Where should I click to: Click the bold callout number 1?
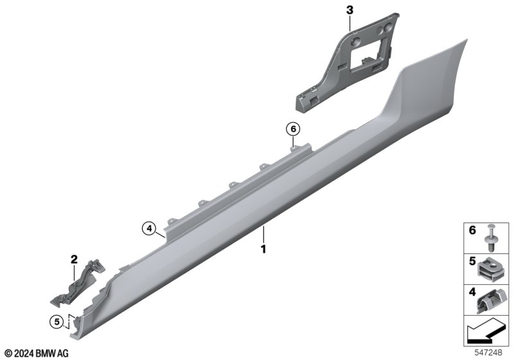point(263,249)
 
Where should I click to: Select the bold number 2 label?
point(74,260)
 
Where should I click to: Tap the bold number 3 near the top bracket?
point(350,10)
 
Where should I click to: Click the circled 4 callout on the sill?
point(149,228)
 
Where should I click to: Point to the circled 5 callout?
point(57,321)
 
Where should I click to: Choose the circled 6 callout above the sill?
point(293,129)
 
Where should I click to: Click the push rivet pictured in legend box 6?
point(491,238)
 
